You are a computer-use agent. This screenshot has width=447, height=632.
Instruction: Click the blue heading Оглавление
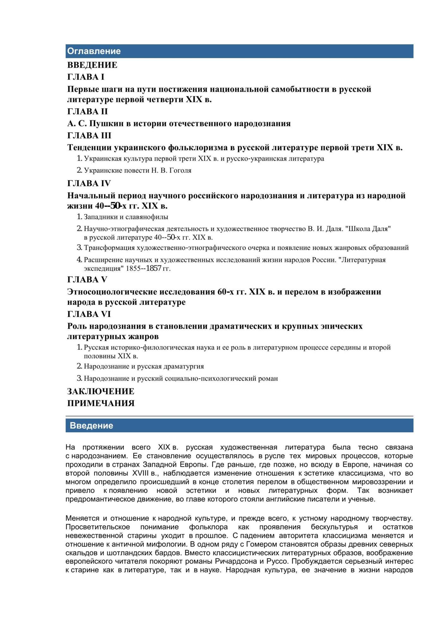(x=94, y=51)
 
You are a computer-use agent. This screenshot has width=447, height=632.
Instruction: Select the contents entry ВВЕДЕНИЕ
(x=92, y=65)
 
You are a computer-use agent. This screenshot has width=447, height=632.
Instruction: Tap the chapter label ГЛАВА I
(x=86, y=77)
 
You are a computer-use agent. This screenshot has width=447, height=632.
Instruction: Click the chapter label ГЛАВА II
(x=88, y=112)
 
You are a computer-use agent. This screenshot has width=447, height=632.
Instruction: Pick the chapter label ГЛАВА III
(x=89, y=136)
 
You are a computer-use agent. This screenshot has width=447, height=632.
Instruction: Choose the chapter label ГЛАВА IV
(x=89, y=184)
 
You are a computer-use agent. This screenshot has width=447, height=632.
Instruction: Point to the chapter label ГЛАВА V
(x=87, y=280)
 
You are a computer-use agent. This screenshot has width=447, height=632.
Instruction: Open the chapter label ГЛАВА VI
(x=89, y=314)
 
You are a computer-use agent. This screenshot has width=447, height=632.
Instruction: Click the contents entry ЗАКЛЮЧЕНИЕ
(x=101, y=392)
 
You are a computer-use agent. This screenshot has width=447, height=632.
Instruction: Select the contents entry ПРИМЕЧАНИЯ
(x=101, y=404)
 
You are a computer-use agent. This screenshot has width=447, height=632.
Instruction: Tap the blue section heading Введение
(x=91, y=426)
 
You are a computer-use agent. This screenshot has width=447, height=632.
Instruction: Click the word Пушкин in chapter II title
(x=106, y=124)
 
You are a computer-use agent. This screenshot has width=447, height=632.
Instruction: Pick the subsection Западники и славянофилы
(x=126, y=217)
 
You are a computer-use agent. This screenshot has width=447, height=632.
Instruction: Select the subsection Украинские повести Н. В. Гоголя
(x=138, y=171)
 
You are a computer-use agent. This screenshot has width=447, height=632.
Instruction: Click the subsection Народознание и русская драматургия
(x=144, y=367)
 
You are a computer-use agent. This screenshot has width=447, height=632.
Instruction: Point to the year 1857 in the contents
(x=154, y=269)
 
